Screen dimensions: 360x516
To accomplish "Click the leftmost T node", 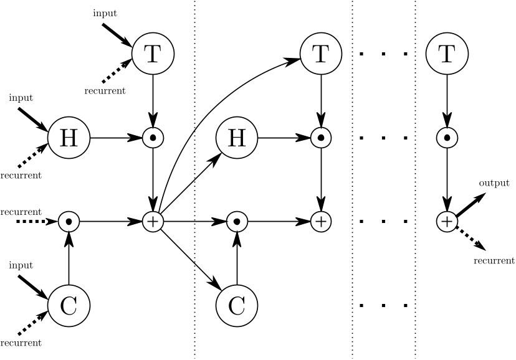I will (153, 54).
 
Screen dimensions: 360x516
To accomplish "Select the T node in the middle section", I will (320, 54).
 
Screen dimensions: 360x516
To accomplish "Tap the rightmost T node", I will (446, 54).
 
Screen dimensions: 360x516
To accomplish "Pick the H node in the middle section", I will (236, 137).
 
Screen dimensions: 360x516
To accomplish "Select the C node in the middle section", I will (236, 305).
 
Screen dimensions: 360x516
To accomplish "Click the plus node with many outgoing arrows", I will (153, 220).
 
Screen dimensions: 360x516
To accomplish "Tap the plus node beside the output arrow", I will (446, 220).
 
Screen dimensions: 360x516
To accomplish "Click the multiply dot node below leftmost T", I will (153, 137).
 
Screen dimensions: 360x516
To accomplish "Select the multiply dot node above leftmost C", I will (69, 220).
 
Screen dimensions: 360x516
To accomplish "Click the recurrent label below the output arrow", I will (494, 260).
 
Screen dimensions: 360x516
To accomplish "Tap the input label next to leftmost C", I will (21, 265).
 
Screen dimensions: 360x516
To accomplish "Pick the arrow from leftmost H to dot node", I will (115, 137).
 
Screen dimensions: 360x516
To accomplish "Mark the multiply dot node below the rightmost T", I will (446, 137).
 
